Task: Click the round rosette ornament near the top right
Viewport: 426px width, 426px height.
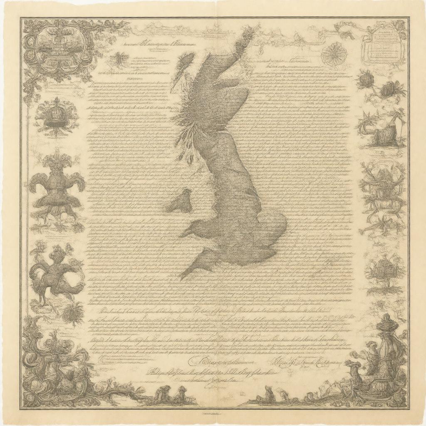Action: [x=333, y=54]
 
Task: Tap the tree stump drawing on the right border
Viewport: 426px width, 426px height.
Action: [x=381, y=129]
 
